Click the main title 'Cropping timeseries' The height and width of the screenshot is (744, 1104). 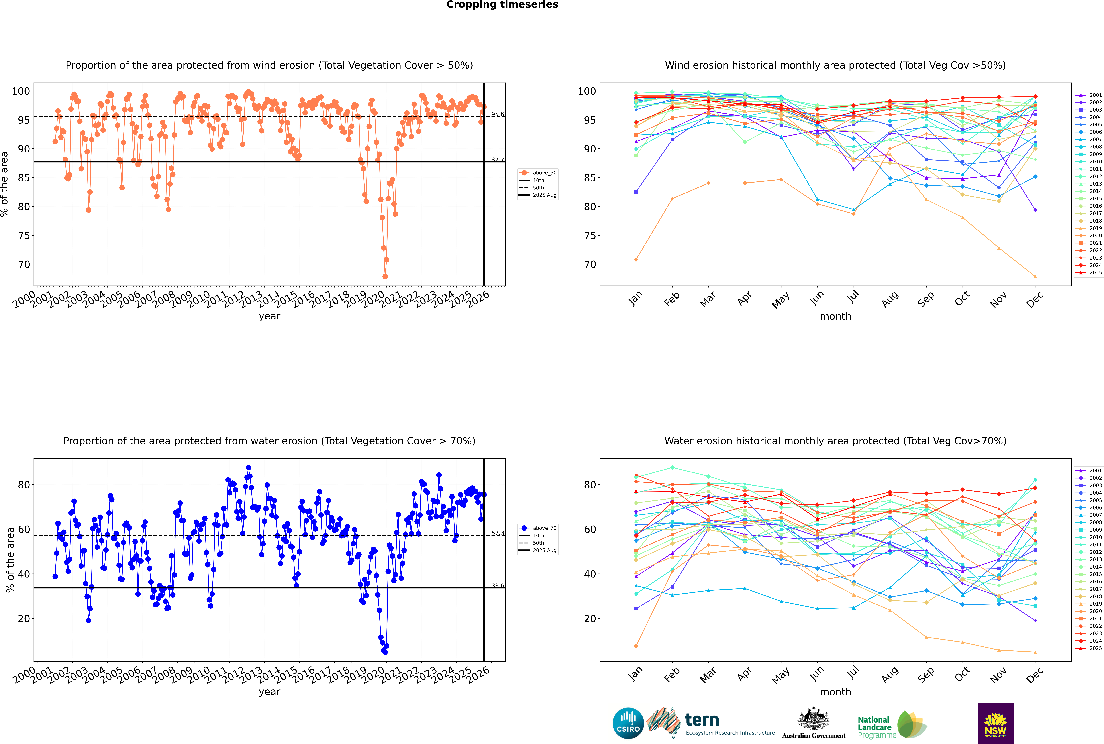[x=502, y=5]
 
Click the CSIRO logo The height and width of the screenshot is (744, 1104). [x=628, y=723]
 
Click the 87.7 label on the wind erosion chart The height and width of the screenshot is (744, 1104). [x=497, y=160]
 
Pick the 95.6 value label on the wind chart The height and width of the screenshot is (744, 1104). [x=497, y=114]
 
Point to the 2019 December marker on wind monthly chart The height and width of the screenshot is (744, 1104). [x=1035, y=277]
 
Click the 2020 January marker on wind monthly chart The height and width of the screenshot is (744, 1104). [x=636, y=260]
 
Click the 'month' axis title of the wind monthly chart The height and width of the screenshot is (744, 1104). [x=835, y=317]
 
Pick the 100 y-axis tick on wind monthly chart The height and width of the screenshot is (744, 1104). [x=587, y=91]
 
